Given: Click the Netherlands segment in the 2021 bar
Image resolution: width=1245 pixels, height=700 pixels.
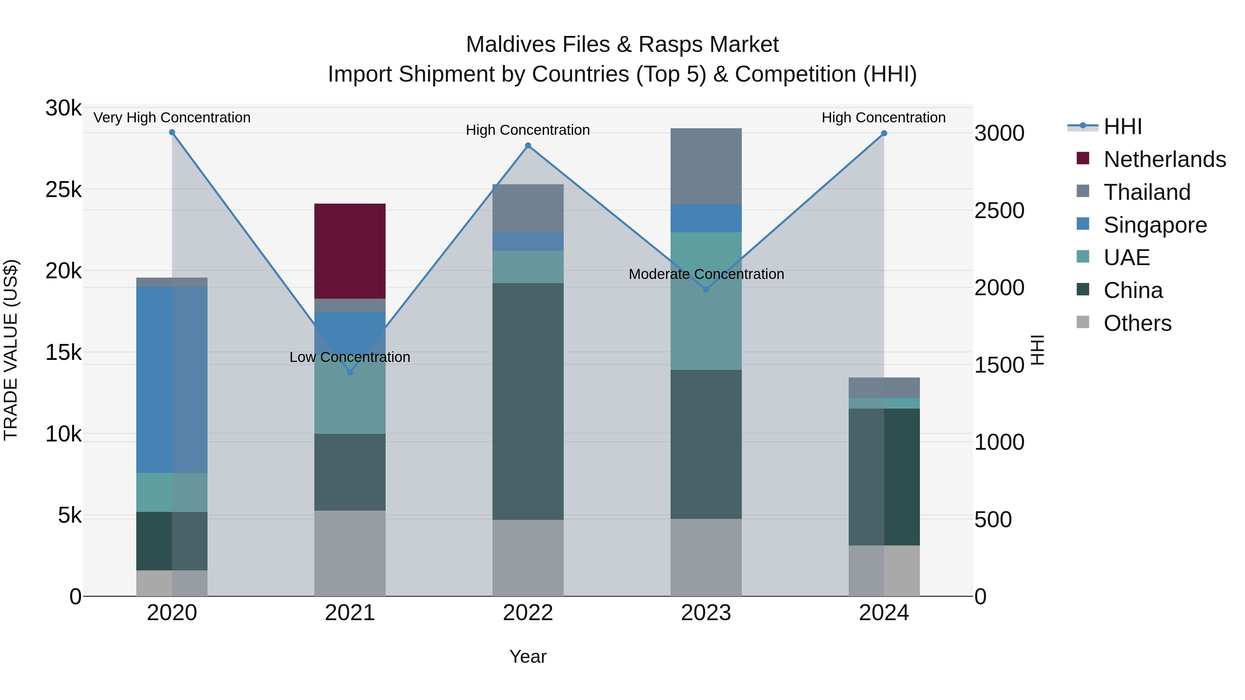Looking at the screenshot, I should (350, 251).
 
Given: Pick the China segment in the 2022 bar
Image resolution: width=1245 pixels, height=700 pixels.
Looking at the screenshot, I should (528, 401).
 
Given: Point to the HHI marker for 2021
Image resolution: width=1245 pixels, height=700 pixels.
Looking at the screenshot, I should (350, 372).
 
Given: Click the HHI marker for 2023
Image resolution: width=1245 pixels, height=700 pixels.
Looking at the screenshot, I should (705, 289).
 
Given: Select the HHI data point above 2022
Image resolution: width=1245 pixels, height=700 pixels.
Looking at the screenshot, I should (528, 146).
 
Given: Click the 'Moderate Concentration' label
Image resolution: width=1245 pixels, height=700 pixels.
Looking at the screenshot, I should (705, 274).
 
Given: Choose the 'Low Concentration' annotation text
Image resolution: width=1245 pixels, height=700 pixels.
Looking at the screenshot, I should (350, 357).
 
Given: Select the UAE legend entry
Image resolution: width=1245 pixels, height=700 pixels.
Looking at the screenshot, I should (1126, 258).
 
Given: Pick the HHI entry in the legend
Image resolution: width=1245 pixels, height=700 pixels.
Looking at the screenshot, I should (1122, 127).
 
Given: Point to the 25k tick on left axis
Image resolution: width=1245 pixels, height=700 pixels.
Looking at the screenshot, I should (63, 190).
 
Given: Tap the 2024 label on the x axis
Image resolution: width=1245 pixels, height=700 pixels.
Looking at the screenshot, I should (884, 613).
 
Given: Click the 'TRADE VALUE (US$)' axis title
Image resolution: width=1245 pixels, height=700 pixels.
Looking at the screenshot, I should (11, 350).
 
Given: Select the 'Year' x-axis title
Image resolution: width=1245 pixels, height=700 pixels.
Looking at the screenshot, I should (528, 656).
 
